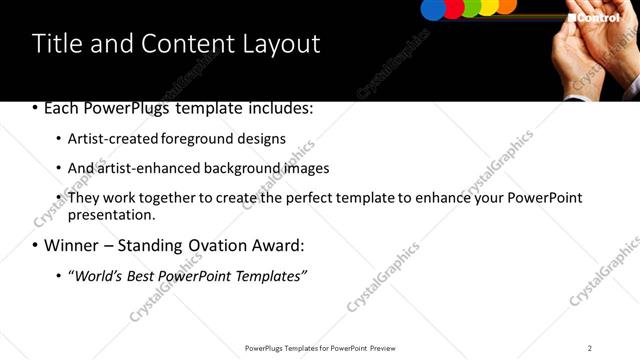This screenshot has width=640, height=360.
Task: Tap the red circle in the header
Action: coord(454,8)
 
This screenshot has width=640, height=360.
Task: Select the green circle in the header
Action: coord(472,7)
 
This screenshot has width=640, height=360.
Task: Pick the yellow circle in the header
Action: coord(489,6)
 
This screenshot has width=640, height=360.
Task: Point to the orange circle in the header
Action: coord(507,5)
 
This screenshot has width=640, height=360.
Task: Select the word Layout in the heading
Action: coord(282,44)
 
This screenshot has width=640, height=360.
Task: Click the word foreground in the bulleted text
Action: coord(213,138)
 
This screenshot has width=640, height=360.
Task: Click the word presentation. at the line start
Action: coord(111,214)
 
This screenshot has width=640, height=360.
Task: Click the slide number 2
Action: coord(590,348)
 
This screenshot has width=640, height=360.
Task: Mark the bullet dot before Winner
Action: coord(36,245)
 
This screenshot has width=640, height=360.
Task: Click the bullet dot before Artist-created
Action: coord(58,139)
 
